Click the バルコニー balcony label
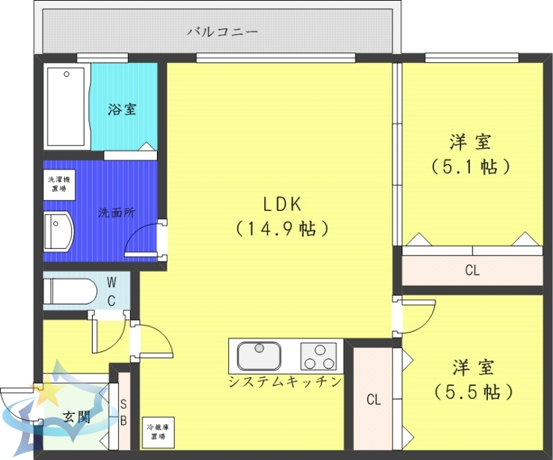(x=222, y=32)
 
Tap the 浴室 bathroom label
(x=122, y=109)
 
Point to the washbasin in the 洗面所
(x=58, y=230)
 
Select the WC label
(x=111, y=291)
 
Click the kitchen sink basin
(x=259, y=356)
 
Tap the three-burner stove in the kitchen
(x=318, y=356)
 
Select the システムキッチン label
(x=285, y=382)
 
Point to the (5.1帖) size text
(x=471, y=167)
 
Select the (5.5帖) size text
(x=474, y=392)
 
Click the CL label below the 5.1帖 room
(x=472, y=270)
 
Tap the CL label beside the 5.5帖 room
(x=373, y=399)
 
